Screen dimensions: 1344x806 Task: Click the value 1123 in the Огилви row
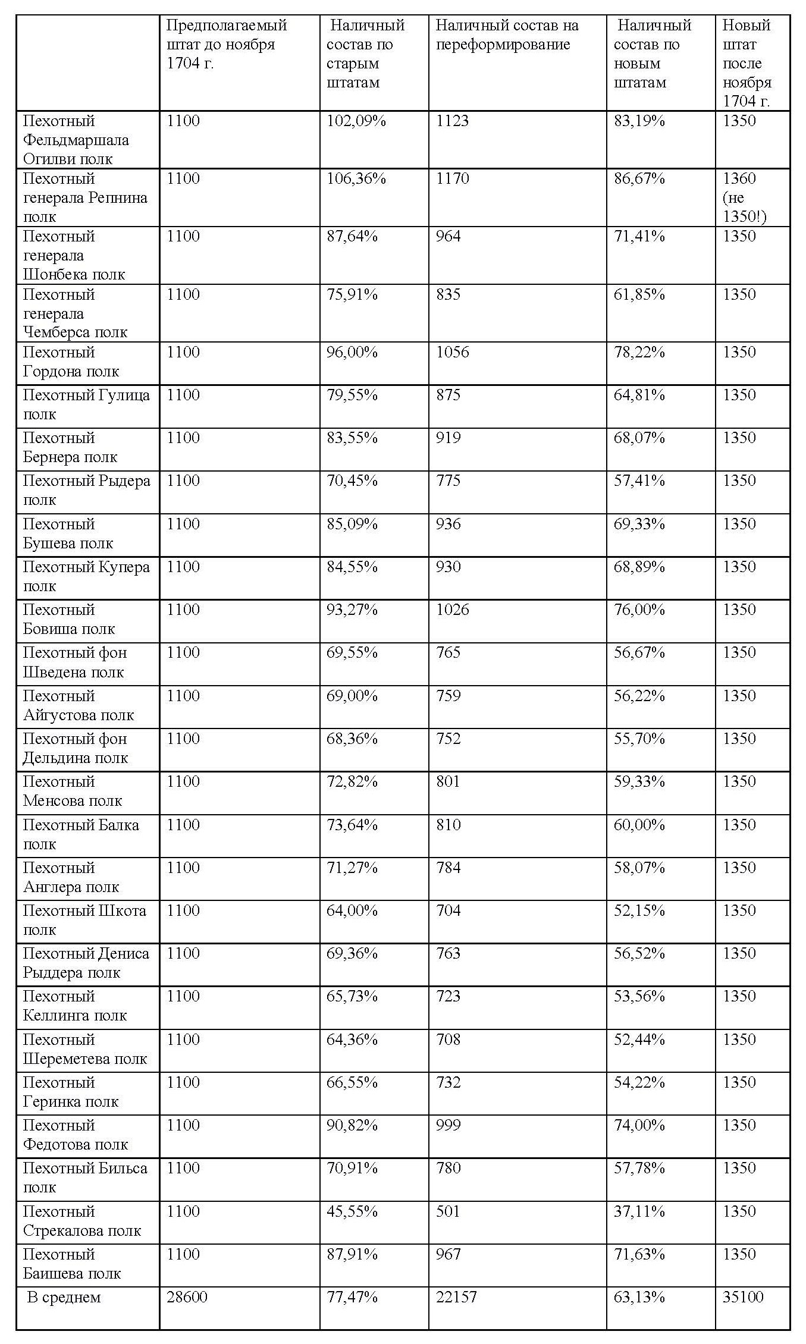[x=452, y=121]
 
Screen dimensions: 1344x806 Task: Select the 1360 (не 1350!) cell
[x=744, y=197]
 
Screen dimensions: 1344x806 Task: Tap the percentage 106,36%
[x=356, y=179]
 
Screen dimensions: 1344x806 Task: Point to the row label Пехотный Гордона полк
[x=71, y=362]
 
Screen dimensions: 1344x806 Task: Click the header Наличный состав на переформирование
[x=507, y=35]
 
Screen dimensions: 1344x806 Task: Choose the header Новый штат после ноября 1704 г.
[x=747, y=63]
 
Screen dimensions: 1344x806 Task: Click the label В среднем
[x=64, y=1297]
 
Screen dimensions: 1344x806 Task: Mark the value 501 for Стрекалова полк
[x=448, y=1211]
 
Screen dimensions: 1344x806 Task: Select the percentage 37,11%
[x=639, y=1211]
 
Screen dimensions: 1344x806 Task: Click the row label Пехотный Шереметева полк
[x=85, y=1049]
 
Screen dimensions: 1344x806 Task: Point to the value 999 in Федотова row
[x=448, y=1125]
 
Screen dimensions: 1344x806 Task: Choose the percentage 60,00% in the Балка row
[x=639, y=825]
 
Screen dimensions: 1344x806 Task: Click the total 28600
[x=187, y=1297]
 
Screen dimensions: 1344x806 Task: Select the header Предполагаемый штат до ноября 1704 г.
[x=226, y=45]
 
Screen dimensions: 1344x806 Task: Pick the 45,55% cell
[x=352, y=1211]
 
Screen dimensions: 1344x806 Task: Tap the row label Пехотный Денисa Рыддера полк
[x=86, y=963]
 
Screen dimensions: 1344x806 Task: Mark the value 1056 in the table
[x=452, y=353]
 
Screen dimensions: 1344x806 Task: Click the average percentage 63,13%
[x=639, y=1297]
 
